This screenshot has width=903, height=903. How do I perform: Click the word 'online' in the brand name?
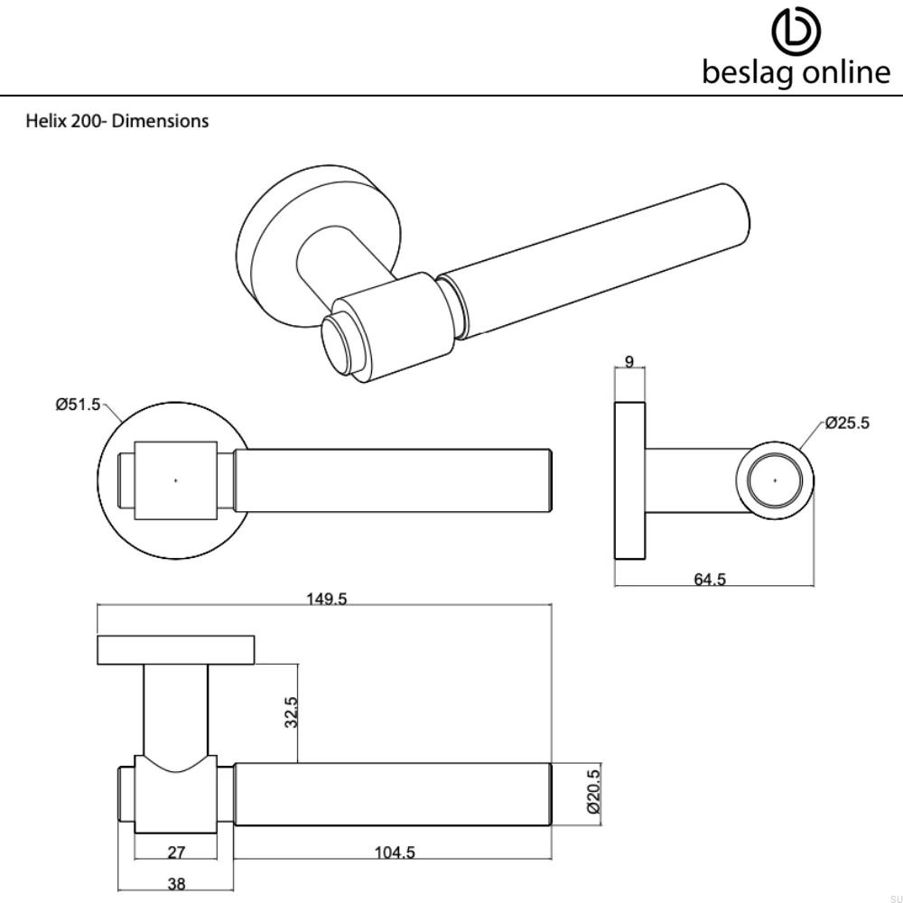845,72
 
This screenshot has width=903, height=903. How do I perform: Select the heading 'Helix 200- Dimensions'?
116,121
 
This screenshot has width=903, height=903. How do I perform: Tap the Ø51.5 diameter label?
78,405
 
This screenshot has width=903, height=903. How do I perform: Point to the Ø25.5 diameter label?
847,423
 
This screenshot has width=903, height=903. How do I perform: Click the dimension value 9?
629,362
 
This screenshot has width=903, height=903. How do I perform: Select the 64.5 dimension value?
710,580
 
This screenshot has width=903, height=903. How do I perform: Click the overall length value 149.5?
326,598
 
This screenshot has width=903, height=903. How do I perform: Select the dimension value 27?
176,852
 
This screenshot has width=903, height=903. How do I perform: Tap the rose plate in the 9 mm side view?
629,481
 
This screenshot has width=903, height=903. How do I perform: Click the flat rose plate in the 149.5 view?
176,649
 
